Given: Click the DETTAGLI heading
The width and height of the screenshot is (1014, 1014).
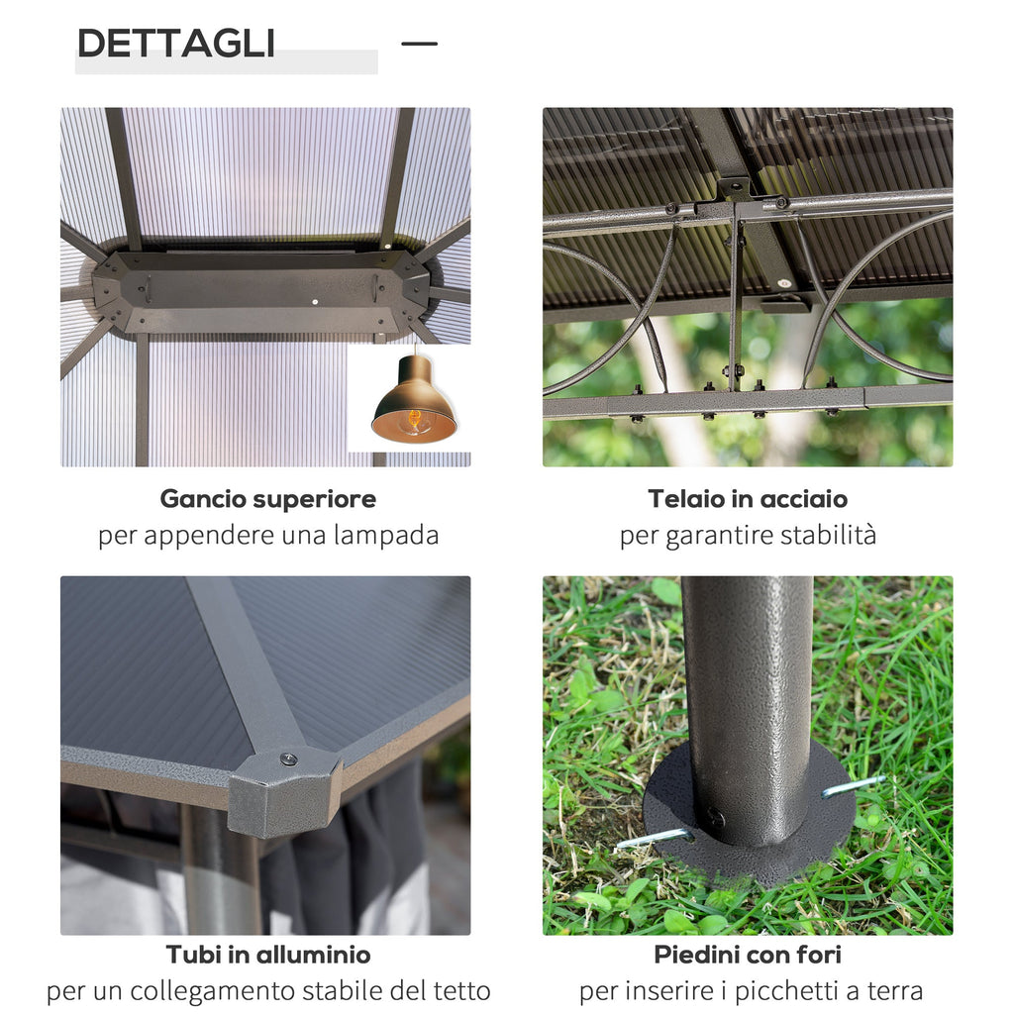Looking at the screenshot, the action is (176, 44).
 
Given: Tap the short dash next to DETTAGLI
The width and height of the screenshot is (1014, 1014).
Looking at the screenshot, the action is (419, 44).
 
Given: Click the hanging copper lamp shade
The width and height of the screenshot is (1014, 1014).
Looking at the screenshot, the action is (414, 399).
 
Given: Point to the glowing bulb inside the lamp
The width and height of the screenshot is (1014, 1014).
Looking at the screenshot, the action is (415, 419).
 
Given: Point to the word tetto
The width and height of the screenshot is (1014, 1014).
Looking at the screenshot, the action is (461, 990).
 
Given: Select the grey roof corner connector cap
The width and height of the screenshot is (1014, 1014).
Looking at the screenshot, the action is (284, 791).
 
